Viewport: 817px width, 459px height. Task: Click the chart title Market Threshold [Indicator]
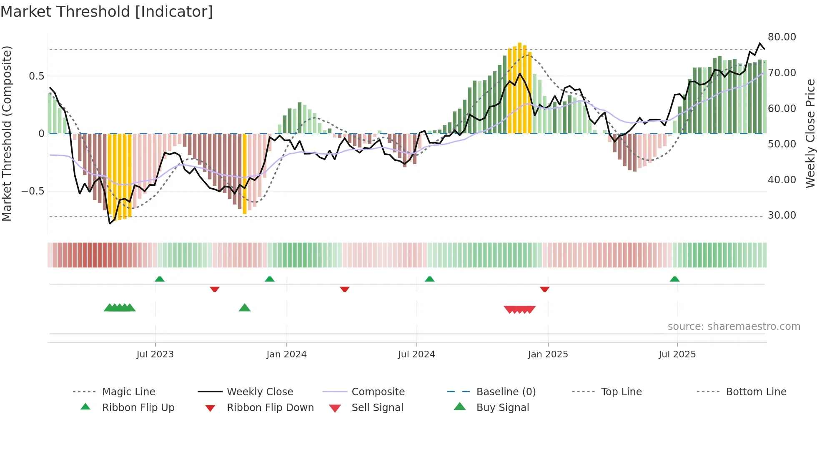(x=107, y=12)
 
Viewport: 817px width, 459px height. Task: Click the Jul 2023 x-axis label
(x=155, y=354)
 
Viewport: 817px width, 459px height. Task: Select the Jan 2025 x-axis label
(x=548, y=354)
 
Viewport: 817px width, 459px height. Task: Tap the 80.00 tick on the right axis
(x=782, y=37)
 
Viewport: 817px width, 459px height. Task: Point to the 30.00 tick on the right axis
(x=782, y=215)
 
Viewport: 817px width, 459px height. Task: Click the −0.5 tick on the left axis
(x=33, y=191)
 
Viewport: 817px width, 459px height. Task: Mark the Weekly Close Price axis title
(x=810, y=133)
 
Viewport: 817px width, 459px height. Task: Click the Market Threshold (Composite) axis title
(x=7, y=133)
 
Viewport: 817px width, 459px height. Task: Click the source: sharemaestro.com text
(x=734, y=327)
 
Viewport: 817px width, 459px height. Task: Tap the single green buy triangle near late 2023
(x=245, y=308)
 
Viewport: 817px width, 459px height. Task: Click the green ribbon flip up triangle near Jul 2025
(x=674, y=279)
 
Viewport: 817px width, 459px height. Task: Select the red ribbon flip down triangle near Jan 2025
(x=544, y=289)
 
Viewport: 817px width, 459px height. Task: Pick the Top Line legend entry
(x=621, y=392)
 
